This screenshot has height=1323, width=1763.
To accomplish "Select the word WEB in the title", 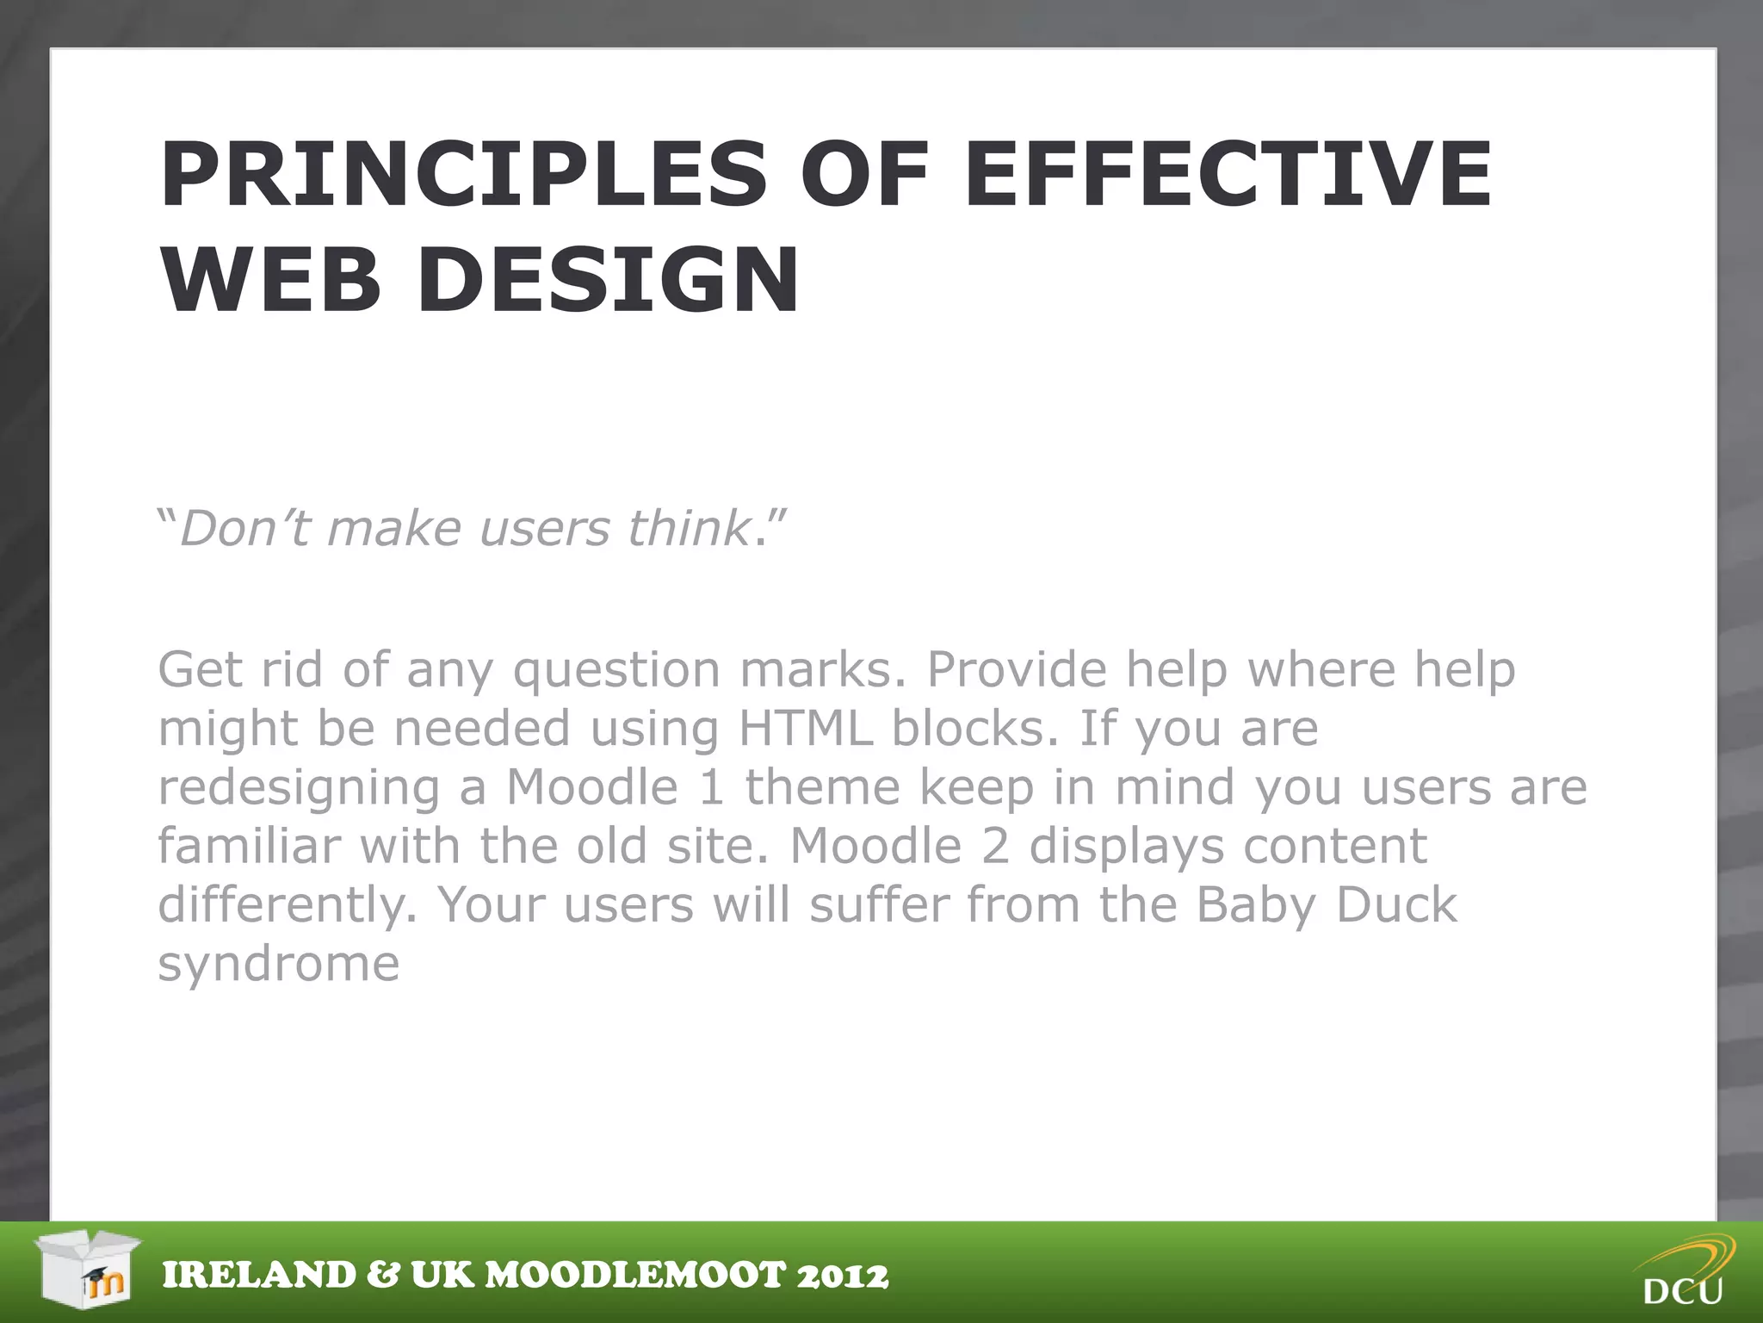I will (x=270, y=281).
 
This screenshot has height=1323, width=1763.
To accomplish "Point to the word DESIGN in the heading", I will (x=608, y=281).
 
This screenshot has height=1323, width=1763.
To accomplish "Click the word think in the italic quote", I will (x=689, y=528).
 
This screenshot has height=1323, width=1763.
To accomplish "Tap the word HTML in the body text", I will (x=806, y=729).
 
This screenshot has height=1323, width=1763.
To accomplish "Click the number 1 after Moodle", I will (x=712, y=787).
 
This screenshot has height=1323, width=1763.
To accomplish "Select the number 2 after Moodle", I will (x=995, y=846).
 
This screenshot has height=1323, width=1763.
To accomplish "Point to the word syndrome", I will (x=278, y=965).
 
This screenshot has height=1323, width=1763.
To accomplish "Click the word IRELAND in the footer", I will (x=259, y=1276).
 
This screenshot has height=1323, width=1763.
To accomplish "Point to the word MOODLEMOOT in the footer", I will (x=636, y=1276).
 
